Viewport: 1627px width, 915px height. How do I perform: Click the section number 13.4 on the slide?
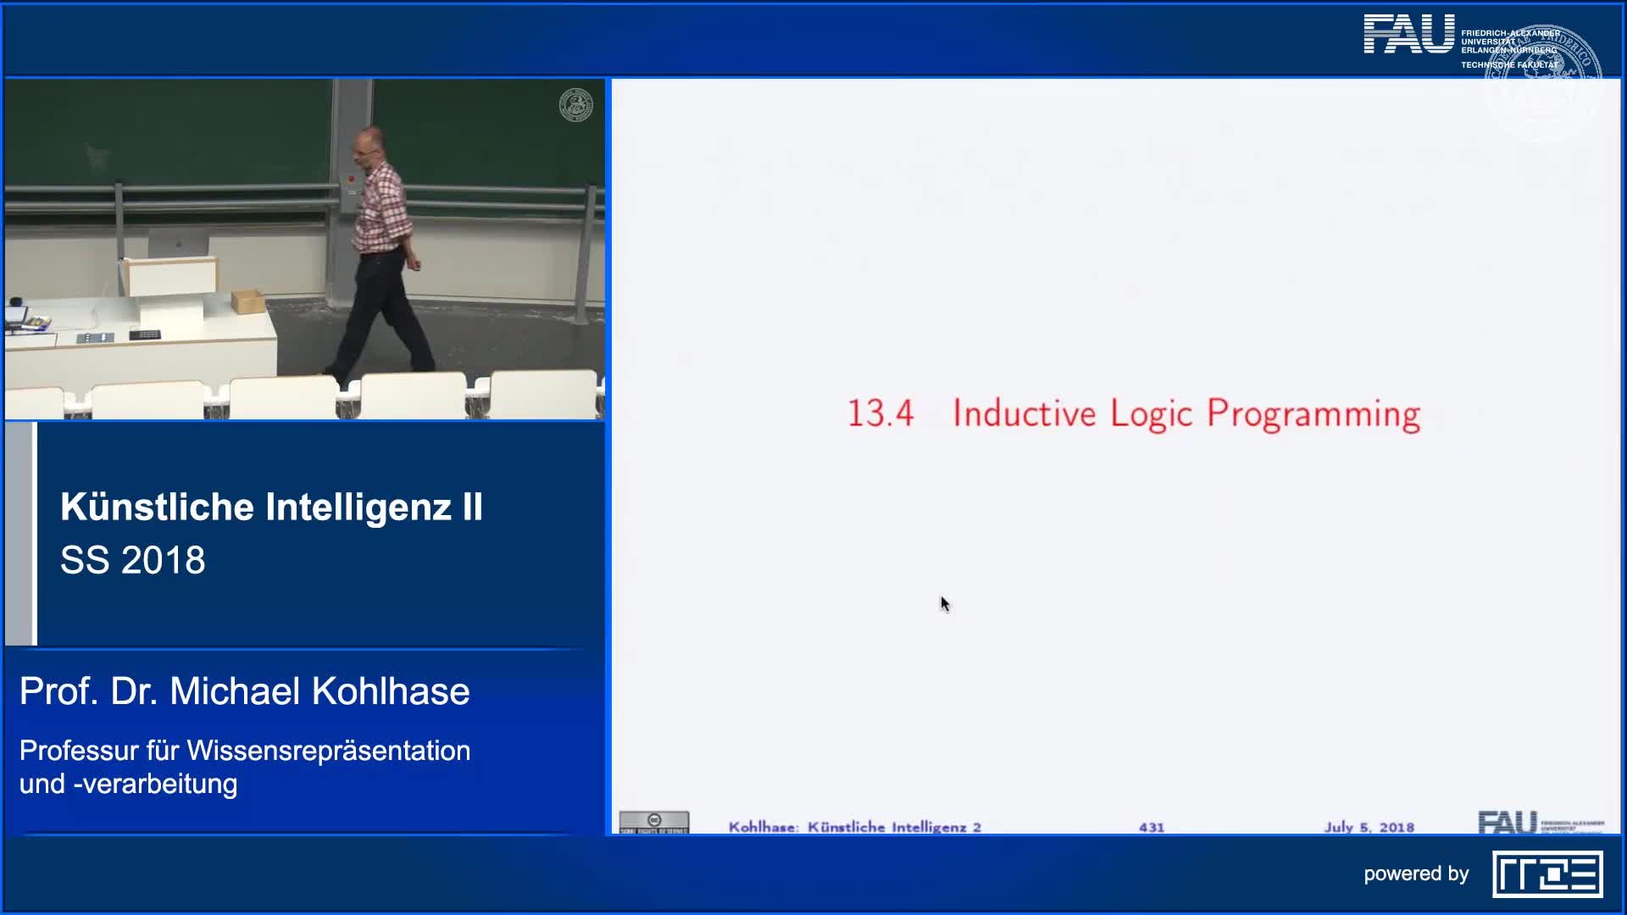880,413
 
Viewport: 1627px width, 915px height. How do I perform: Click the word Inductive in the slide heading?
1024,413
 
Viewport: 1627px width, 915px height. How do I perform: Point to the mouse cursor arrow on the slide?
944,603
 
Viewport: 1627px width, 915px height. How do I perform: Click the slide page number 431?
1151,827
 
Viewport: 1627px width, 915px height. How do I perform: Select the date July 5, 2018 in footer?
1369,827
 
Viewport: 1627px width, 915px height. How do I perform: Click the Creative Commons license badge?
653,822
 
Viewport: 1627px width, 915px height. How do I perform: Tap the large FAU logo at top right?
1408,36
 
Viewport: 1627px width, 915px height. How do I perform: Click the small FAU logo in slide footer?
1507,823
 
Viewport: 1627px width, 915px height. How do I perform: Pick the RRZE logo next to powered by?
1546,874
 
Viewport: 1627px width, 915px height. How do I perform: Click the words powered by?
1415,874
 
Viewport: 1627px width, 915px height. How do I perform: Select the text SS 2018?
133,560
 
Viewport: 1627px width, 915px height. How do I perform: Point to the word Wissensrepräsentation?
328,751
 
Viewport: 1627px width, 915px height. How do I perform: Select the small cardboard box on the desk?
247,301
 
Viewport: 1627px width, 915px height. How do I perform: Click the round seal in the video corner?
575,105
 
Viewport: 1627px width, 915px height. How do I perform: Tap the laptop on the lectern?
178,246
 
